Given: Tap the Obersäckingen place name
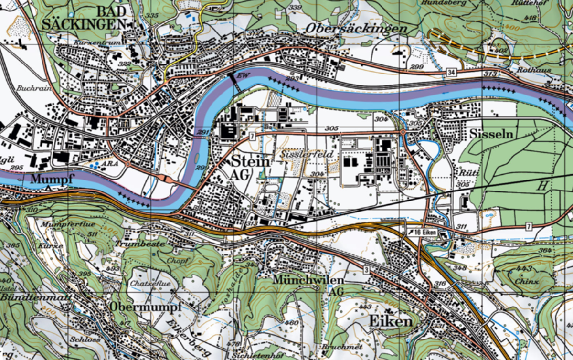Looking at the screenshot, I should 356,29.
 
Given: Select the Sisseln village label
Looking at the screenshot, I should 491,134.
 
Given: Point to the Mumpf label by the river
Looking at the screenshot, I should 53,180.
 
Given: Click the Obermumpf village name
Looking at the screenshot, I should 146,307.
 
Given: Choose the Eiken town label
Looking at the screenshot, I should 390,321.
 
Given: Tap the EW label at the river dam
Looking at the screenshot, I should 243,75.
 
